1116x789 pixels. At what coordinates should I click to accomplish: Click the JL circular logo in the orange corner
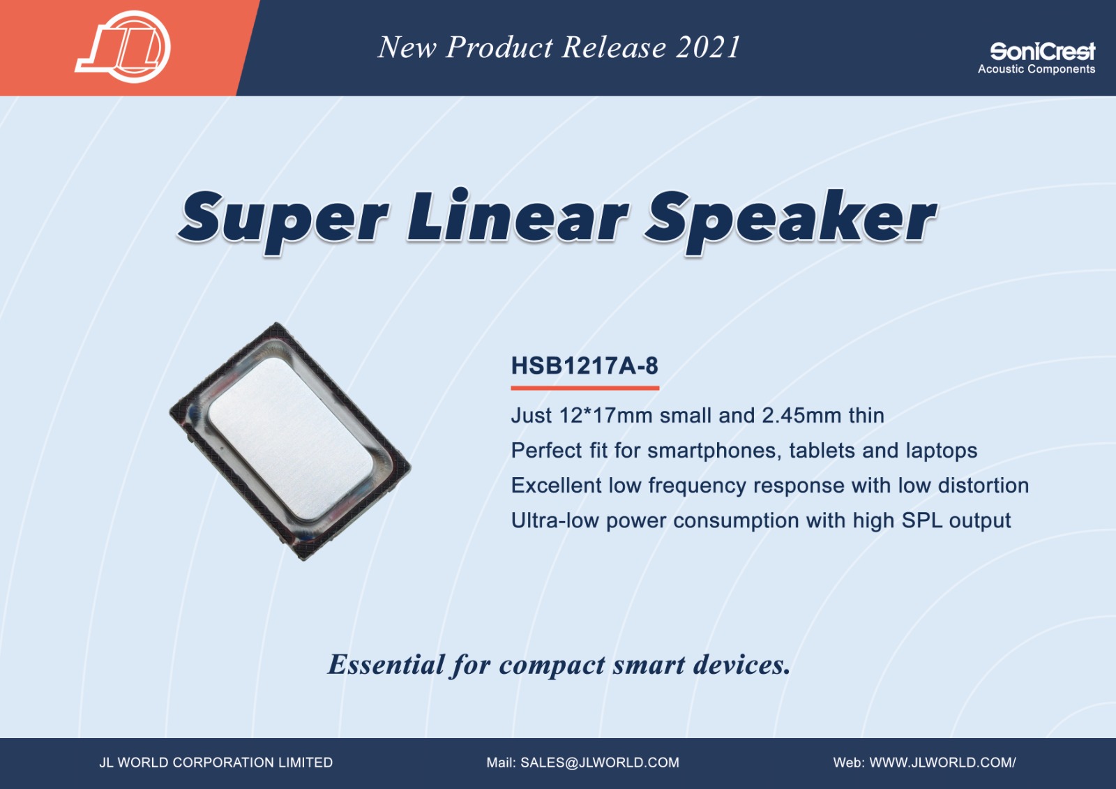tap(123, 46)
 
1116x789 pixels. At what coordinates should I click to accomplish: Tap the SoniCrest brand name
tap(1042, 52)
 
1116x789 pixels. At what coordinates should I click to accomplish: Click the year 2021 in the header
tap(707, 47)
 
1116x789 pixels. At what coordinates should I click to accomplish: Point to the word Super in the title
tap(284, 222)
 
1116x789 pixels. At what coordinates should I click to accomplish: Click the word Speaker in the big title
tap(791, 222)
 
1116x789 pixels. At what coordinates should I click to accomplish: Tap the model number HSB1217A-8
tap(585, 366)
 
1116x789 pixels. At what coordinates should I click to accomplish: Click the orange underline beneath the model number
tap(585, 388)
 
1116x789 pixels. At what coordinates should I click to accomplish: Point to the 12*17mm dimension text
tap(606, 415)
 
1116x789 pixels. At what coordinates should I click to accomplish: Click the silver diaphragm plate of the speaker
tap(290, 439)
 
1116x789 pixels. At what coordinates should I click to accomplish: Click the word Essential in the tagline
tap(386, 664)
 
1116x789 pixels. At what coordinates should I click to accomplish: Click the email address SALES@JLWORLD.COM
tap(600, 762)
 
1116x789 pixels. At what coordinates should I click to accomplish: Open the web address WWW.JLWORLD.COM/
tap(942, 762)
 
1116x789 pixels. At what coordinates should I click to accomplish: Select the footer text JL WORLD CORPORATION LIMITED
tap(216, 762)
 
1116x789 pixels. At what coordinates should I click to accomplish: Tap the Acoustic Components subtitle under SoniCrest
tap(1036, 69)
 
